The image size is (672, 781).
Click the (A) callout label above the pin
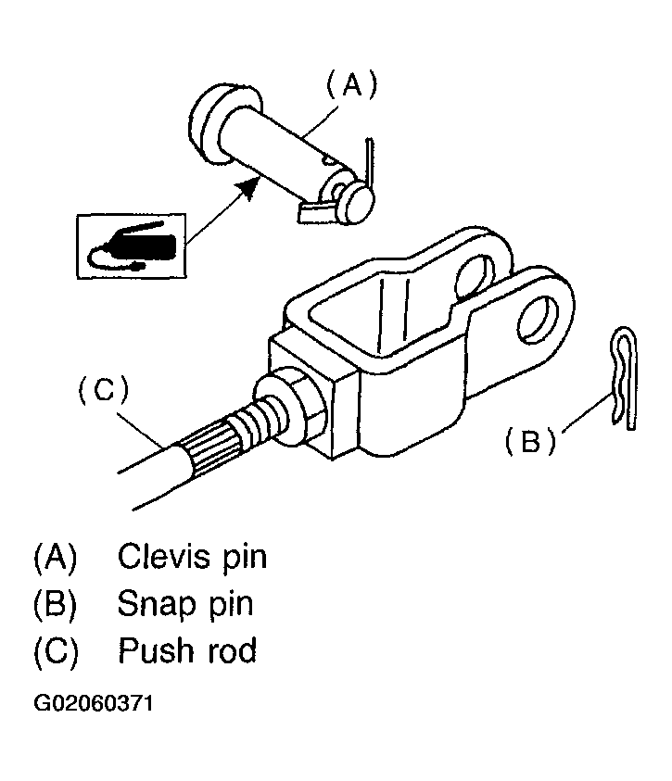(351, 85)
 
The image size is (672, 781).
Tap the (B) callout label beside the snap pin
(529, 441)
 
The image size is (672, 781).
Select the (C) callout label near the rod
(104, 389)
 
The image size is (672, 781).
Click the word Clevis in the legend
(165, 556)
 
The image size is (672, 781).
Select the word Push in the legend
(156, 649)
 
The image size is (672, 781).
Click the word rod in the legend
(232, 650)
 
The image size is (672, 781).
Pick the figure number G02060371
(94, 704)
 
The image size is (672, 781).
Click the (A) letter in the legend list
(55, 558)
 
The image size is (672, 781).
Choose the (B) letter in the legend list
(55, 604)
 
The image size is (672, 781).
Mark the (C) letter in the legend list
(56, 650)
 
